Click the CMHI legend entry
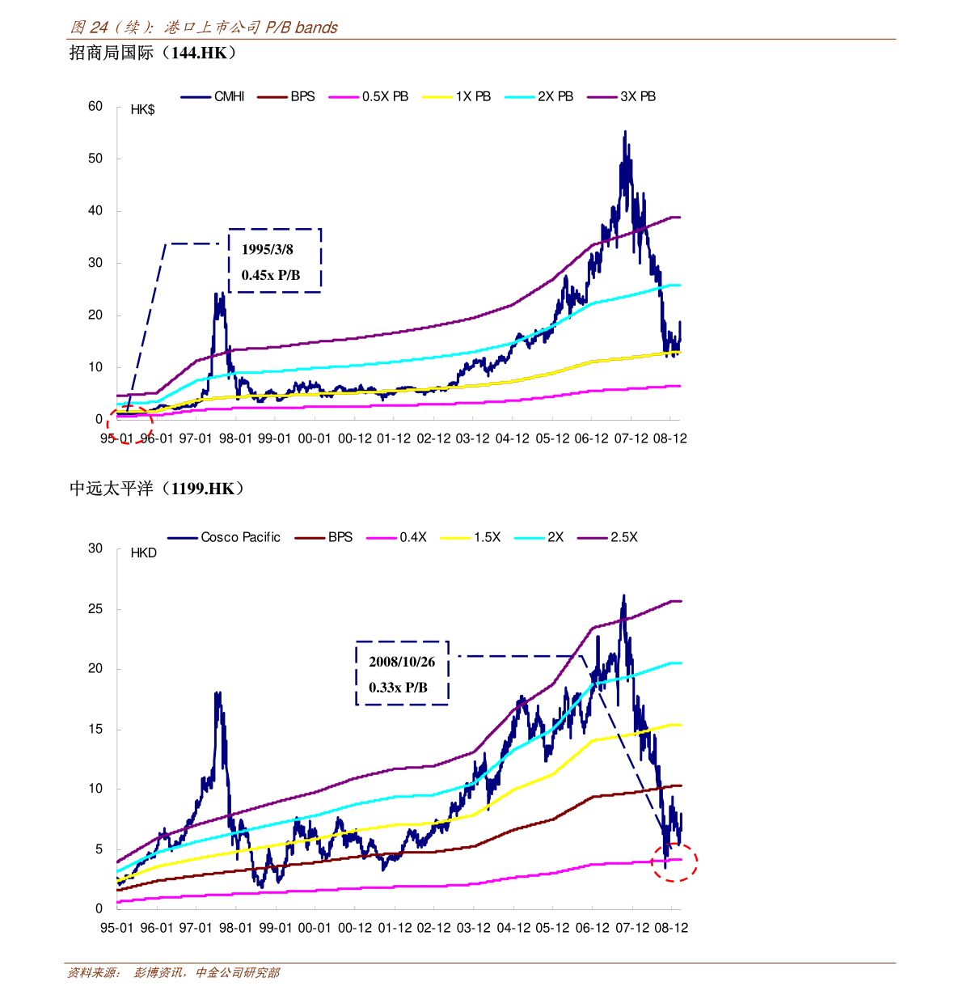pos(212,96)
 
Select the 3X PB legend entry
pos(621,96)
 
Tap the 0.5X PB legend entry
pos(368,96)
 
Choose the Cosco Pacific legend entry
pos(223,537)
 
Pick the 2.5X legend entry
pos(607,537)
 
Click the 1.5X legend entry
pos(471,537)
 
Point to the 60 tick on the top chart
pos(95,106)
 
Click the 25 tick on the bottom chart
pos(95,609)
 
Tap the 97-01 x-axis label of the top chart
pos(195,438)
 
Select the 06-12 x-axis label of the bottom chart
pos(593,928)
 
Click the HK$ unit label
pos(142,110)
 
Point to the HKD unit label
pos(144,553)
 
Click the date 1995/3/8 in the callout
pos(268,249)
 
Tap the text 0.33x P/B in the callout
pos(398,688)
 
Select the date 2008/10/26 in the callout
pos(402,663)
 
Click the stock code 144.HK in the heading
pos(199,53)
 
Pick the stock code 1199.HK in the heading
pos(203,489)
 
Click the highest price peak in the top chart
pos(625,132)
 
